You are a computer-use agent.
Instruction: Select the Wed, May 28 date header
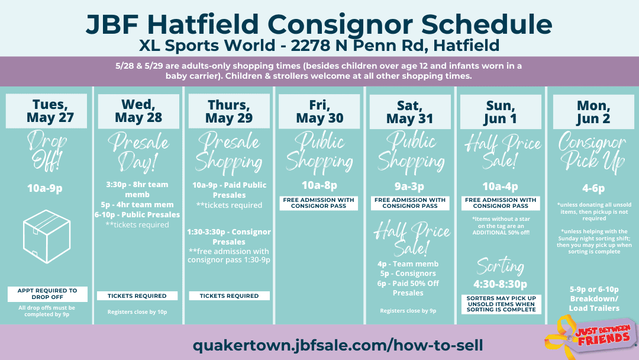pos(138,111)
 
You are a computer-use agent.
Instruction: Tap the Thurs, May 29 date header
pos(228,111)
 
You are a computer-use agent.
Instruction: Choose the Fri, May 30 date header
pos(319,111)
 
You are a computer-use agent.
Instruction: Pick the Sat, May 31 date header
pos(410,112)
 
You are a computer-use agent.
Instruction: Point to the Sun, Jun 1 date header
pos(501,112)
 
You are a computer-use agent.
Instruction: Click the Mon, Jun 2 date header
pos(593,112)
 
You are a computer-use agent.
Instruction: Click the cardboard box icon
pos(47,236)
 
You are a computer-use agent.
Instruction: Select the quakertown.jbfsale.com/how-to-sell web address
pos(338,345)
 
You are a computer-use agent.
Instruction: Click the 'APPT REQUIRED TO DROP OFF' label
pos(47,294)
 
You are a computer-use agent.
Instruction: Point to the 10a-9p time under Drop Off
pos(45,188)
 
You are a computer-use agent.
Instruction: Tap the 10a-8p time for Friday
pos(319,185)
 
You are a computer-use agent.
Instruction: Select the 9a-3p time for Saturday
pos(409,187)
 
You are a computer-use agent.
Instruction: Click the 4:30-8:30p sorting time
pos(500,284)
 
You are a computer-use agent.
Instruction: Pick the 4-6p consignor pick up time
pos(593,188)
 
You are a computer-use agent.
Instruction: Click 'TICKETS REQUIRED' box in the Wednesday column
pos(137,295)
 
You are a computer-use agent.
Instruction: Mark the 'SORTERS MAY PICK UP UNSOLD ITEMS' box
pos(501,304)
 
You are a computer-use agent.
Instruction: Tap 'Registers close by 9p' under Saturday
pos(408,311)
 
